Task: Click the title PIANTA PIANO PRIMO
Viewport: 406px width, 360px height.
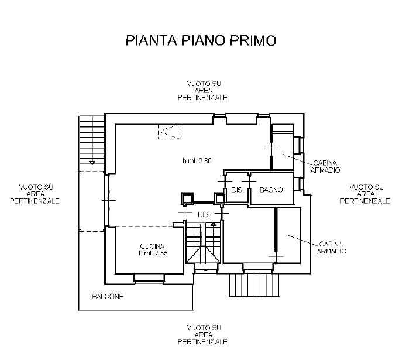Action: (201, 40)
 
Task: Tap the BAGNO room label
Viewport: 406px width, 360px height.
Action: (271, 190)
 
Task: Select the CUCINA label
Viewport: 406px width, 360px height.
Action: (152, 246)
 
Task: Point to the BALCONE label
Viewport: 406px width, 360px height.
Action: (108, 296)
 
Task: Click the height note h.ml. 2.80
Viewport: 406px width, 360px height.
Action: (197, 161)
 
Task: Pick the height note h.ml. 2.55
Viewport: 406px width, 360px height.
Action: (153, 253)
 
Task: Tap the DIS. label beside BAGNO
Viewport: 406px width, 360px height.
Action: (237, 190)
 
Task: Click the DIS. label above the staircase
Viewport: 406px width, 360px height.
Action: (204, 214)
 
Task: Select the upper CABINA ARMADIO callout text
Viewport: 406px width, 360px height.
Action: (325, 166)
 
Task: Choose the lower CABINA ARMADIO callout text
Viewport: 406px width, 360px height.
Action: (332, 248)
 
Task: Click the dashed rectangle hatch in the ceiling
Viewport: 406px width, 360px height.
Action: (169, 132)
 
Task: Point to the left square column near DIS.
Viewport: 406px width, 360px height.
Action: (187, 198)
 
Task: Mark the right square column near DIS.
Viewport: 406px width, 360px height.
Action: (219, 198)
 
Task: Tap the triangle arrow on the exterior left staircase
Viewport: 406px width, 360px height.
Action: (92, 163)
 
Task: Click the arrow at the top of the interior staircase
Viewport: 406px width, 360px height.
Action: (213, 224)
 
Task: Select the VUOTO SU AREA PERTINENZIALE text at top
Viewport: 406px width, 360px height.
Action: (203, 91)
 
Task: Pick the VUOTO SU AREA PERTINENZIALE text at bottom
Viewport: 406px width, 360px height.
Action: (203, 335)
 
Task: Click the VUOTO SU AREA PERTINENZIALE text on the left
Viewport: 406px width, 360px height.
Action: (35, 194)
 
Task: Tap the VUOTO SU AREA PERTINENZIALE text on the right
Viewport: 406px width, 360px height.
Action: (365, 194)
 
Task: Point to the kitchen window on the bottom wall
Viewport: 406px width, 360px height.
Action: (149, 279)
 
